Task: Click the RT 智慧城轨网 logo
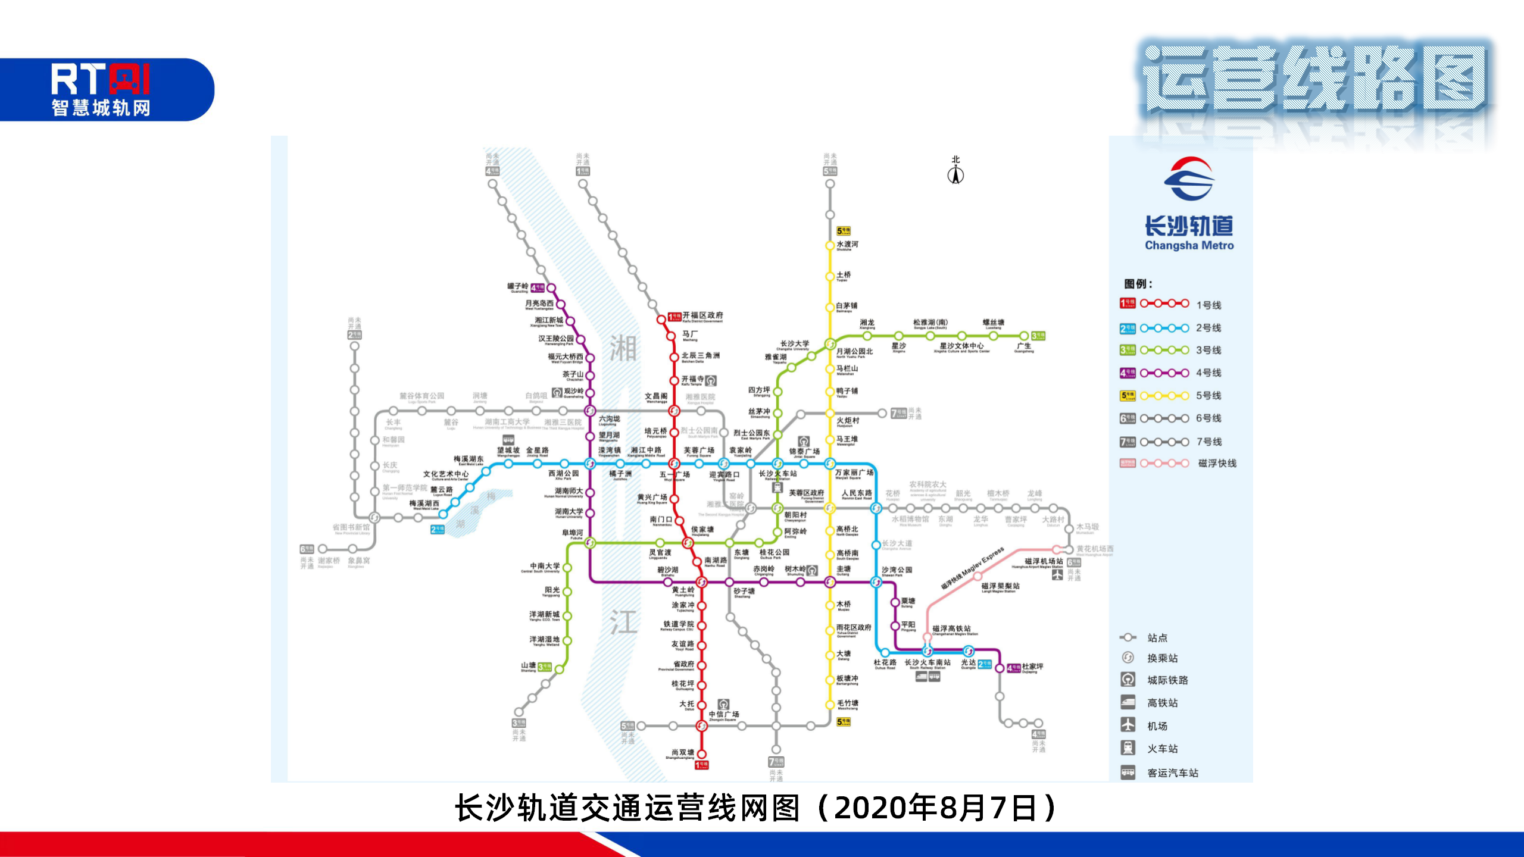pyautogui.click(x=101, y=89)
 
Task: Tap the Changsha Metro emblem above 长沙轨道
pyautogui.click(x=1189, y=179)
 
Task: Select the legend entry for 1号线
pyautogui.click(x=1208, y=305)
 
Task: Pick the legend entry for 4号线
pyautogui.click(x=1208, y=373)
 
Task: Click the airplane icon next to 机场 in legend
pyautogui.click(x=1128, y=725)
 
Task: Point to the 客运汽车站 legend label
pyautogui.click(x=1172, y=772)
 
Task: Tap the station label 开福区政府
pyautogui.click(x=702, y=315)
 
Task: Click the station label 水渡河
pyautogui.click(x=847, y=245)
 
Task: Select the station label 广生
pyautogui.click(x=1024, y=346)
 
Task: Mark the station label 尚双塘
pyautogui.click(x=683, y=752)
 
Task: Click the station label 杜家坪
pyautogui.click(x=1033, y=667)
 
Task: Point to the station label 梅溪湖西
pyautogui.click(x=424, y=503)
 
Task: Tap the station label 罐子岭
pyautogui.click(x=517, y=286)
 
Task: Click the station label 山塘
pyautogui.click(x=529, y=665)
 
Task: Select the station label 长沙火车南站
pyautogui.click(x=927, y=662)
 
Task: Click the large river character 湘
pyautogui.click(x=623, y=349)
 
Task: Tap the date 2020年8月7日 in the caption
pyautogui.click(x=935, y=808)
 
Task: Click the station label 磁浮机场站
pyautogui.click(x=1044, y=561)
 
